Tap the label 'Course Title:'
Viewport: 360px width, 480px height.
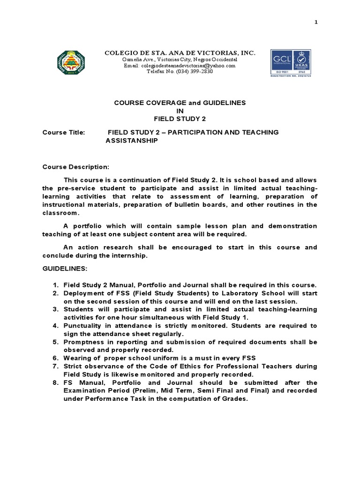[64, 133]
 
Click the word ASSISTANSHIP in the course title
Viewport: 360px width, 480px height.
[132, 140]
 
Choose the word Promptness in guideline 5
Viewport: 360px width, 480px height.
[84, 342]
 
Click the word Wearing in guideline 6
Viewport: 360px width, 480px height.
[76, 358]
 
